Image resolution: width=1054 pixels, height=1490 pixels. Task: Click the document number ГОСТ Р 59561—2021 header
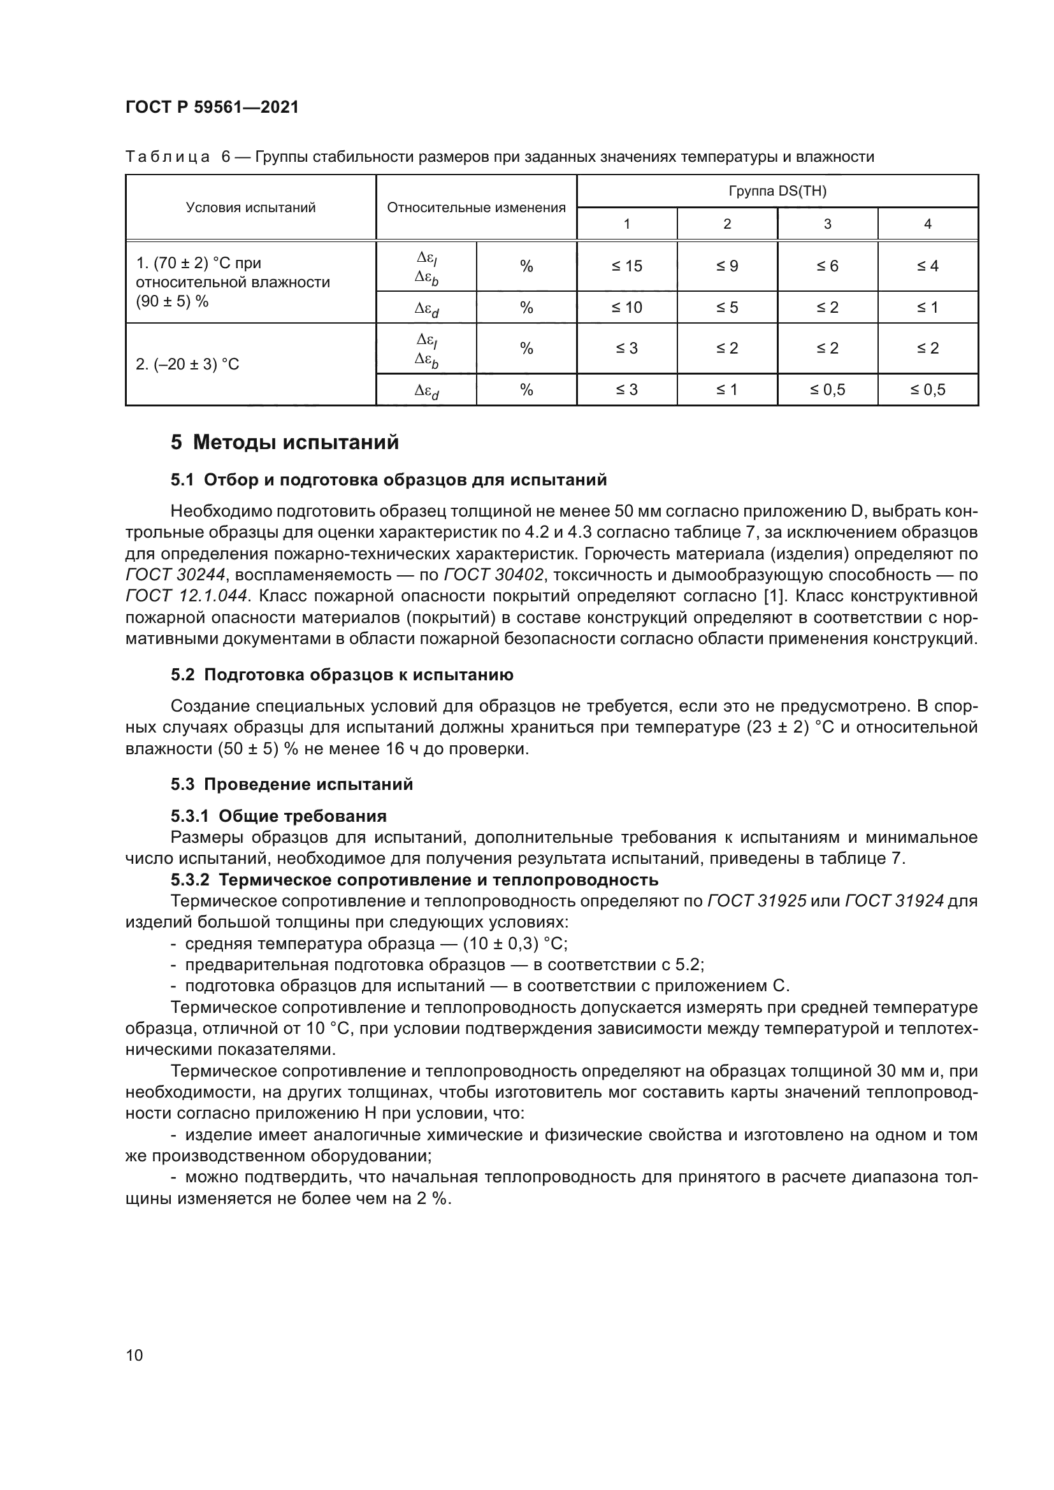pos(212,108)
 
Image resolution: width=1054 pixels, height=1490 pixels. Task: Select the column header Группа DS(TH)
pos(777,192)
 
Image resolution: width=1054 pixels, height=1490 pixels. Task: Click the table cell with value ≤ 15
pos(626,266)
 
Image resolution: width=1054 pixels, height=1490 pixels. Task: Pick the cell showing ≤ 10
pos(626,308)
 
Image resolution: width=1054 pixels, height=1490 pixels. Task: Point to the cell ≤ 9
pos(727,266)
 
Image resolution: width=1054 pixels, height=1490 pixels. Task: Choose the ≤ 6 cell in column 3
pos(827,266)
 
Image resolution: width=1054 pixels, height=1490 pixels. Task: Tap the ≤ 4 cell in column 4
pos(927,266)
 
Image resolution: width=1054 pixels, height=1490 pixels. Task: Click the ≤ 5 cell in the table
pos(727,308)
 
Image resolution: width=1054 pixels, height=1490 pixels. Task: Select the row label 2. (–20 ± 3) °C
pos(187,365)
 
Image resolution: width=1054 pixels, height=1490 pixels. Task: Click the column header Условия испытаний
pos(250,208)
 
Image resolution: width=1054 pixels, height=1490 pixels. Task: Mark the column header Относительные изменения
pos(476,208)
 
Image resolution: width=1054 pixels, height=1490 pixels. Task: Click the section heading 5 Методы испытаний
pos(285,443)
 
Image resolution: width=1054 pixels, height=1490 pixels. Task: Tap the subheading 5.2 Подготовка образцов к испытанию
pos(342,675)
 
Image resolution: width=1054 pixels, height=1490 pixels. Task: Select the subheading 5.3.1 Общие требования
pos(278,816)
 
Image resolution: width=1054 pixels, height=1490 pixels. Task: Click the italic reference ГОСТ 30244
pos(175,575)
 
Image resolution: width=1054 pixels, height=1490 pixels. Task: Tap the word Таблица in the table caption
pos(168,157)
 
